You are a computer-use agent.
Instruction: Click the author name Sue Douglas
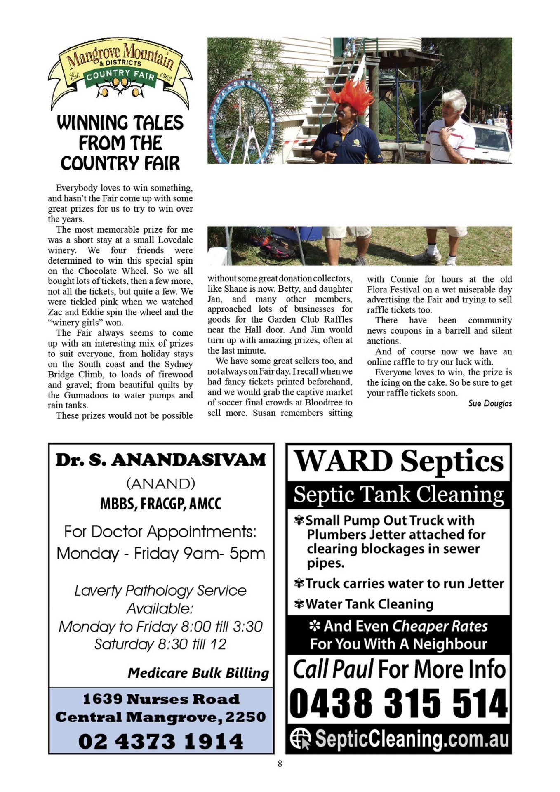pos(489,403)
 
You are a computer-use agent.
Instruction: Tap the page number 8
pos(280,764)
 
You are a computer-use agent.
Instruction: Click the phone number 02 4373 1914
pos(161,741)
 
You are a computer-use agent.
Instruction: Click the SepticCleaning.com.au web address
pos(412,738)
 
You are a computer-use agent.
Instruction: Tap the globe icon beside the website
pos(300,738)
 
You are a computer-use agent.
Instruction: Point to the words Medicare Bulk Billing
pos(198,673)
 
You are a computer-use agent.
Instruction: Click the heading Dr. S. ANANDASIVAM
pos(161,460)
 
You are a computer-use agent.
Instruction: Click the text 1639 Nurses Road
pos(161,699)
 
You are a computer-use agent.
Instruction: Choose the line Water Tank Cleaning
pos(369,604)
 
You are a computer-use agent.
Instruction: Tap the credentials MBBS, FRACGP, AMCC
pos(161,504)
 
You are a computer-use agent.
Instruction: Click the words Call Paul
pos(333,669)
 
